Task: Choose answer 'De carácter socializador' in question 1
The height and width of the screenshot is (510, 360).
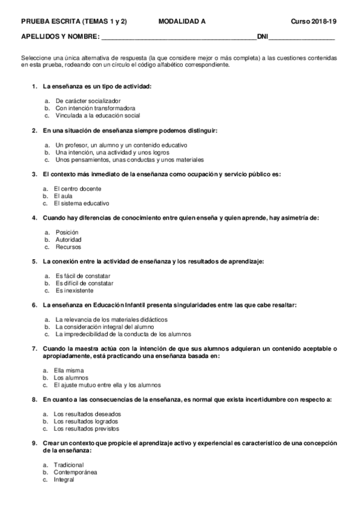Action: [88, 100]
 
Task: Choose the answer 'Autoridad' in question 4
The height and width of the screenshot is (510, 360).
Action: [68, 240]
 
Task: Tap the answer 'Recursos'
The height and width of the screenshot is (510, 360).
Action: [67, 247]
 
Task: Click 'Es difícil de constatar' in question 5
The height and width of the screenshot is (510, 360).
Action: [84, 283]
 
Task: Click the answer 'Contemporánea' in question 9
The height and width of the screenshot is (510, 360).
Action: [75, 473]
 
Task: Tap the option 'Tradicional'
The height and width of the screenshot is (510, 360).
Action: [69, 465]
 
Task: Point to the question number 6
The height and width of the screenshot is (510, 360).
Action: [34, 306]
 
